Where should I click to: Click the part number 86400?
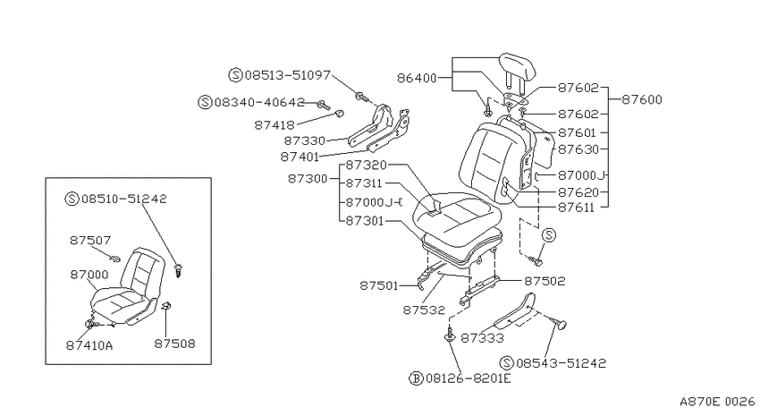[x=417, y=78]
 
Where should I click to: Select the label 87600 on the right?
[x=642, y=99]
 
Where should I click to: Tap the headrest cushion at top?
[x=518, y=66]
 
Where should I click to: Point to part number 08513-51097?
[x=287, y=75]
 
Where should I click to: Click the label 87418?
[x=274, y=125]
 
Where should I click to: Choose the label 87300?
[x=308, y=178]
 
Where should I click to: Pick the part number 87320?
[x=366, y=166]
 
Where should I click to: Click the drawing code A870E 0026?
[x=717, y=402]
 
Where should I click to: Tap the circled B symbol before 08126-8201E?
[x=416, y=378]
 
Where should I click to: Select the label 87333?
[x=482, y=338]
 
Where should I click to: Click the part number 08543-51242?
[x=562, y=363]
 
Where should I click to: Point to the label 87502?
[x=545, y=281]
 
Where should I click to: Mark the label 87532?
[x=424, y=310]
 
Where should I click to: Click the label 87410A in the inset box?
[x=89, y=345]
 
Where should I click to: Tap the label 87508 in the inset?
[x=174, y=344]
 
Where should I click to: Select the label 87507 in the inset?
[x=90, y=240]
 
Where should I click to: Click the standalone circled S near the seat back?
[x=549, y=235]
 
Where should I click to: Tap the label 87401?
[x=300, y=157]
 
